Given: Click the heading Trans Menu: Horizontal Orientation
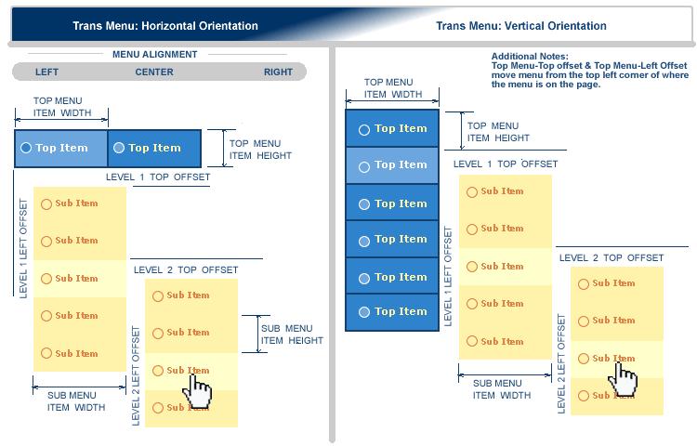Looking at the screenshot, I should (x=165, y=26).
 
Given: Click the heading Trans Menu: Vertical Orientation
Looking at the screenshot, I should (x=520, y=26).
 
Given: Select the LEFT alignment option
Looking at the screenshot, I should (x=46, y=72).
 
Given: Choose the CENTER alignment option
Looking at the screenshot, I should (x=154, y=72).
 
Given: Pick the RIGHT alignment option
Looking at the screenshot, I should (x=278, y=72).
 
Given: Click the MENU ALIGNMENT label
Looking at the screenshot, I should (x=154, y=54).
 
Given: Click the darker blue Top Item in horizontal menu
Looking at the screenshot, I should (x=154, y=148).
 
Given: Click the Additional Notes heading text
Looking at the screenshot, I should (x=529, y=57).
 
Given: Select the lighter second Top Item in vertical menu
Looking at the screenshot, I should (x=391, y=164).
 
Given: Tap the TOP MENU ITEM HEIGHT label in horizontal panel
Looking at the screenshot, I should (x=260, y=150).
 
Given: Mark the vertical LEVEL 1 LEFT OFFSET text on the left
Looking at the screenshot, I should (x=23, y=247).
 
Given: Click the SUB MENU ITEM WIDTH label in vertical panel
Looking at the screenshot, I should (x=502, y=389).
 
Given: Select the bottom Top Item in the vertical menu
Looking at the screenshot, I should (x=391, y=311).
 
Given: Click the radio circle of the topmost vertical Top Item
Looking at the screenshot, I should (x=363, y=130).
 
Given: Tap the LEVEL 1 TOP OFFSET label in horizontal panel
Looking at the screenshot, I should (x=158, y=177).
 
